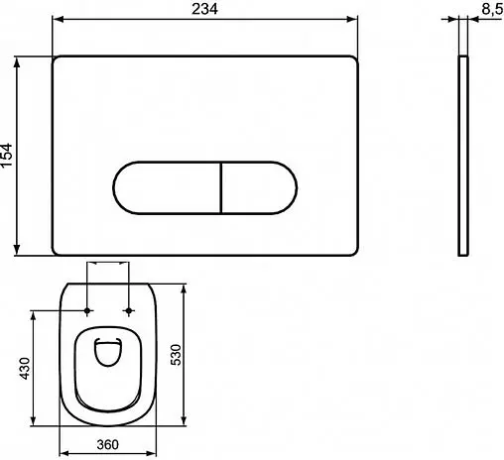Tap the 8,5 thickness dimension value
(488, 10)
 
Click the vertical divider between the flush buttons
(217, 185)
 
